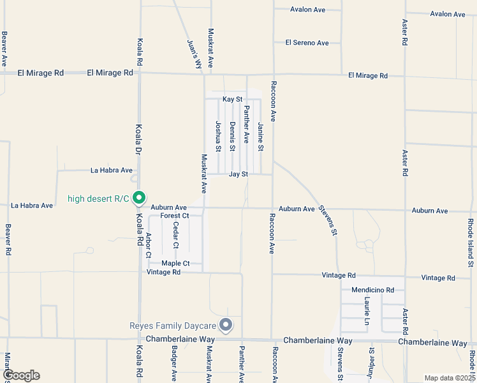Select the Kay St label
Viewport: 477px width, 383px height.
(x=233, y=100)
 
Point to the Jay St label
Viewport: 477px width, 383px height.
(x=238, y=174)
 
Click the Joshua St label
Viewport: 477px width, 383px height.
(x=218, y=136)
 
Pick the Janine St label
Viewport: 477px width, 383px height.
(x=260, y=136)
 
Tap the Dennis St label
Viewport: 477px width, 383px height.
(x=233, y=136)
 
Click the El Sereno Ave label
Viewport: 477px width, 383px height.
(x=307, y=43)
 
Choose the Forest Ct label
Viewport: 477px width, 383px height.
(x=175, y=216)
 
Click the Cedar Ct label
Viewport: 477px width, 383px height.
(x=176, y=236)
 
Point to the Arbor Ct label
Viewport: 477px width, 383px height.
(x=149, y=245)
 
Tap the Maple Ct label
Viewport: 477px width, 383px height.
(x=175, y=263)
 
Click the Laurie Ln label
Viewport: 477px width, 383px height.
(x=367, y=310)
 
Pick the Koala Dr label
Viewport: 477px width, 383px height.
(x=137, y=141)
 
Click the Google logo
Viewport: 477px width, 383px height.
(x=20, y=375)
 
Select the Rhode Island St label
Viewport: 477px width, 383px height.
(x=471, y=243)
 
